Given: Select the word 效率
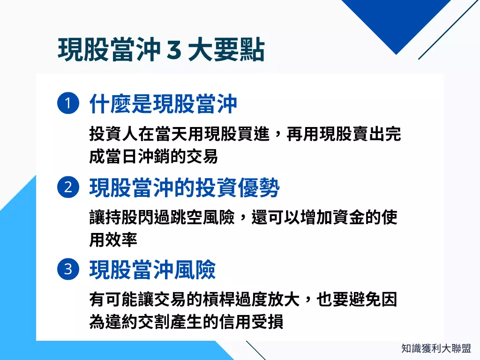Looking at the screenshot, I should [x=121, y=240].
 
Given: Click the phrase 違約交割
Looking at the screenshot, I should [x=137, y=322].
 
